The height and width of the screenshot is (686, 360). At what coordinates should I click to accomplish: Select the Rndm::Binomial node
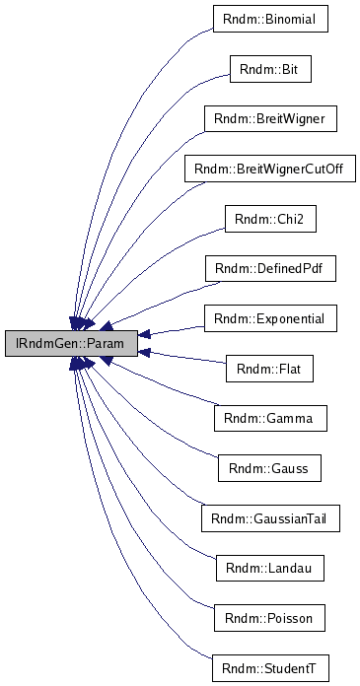(x=270, y=19)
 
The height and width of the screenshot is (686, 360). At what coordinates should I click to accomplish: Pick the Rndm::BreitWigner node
(x=270, y=119)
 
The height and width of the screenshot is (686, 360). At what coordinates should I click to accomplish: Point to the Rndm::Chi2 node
(x=270, y=219)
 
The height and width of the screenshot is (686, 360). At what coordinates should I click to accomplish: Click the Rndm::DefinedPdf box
(x=270, y=269)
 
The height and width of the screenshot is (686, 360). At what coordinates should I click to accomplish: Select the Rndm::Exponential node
(x=270, y=319)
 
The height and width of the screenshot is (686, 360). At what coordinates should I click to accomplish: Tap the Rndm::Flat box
(x=270, y=370)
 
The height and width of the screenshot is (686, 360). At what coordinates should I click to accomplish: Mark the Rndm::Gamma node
(x=270, y=419)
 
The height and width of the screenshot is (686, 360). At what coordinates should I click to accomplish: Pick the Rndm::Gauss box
(x=270, y=469)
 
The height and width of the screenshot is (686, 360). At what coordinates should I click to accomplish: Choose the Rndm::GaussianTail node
(x=270, y=519)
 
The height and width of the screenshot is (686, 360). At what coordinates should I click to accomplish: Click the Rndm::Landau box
(x=270, y=569)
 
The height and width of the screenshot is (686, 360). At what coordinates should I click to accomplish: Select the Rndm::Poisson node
(x=270, y=619)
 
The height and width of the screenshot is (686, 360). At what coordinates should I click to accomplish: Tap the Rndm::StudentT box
(x=270, y=669)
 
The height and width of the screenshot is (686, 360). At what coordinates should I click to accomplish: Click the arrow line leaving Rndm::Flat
(x=187, y=360)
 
